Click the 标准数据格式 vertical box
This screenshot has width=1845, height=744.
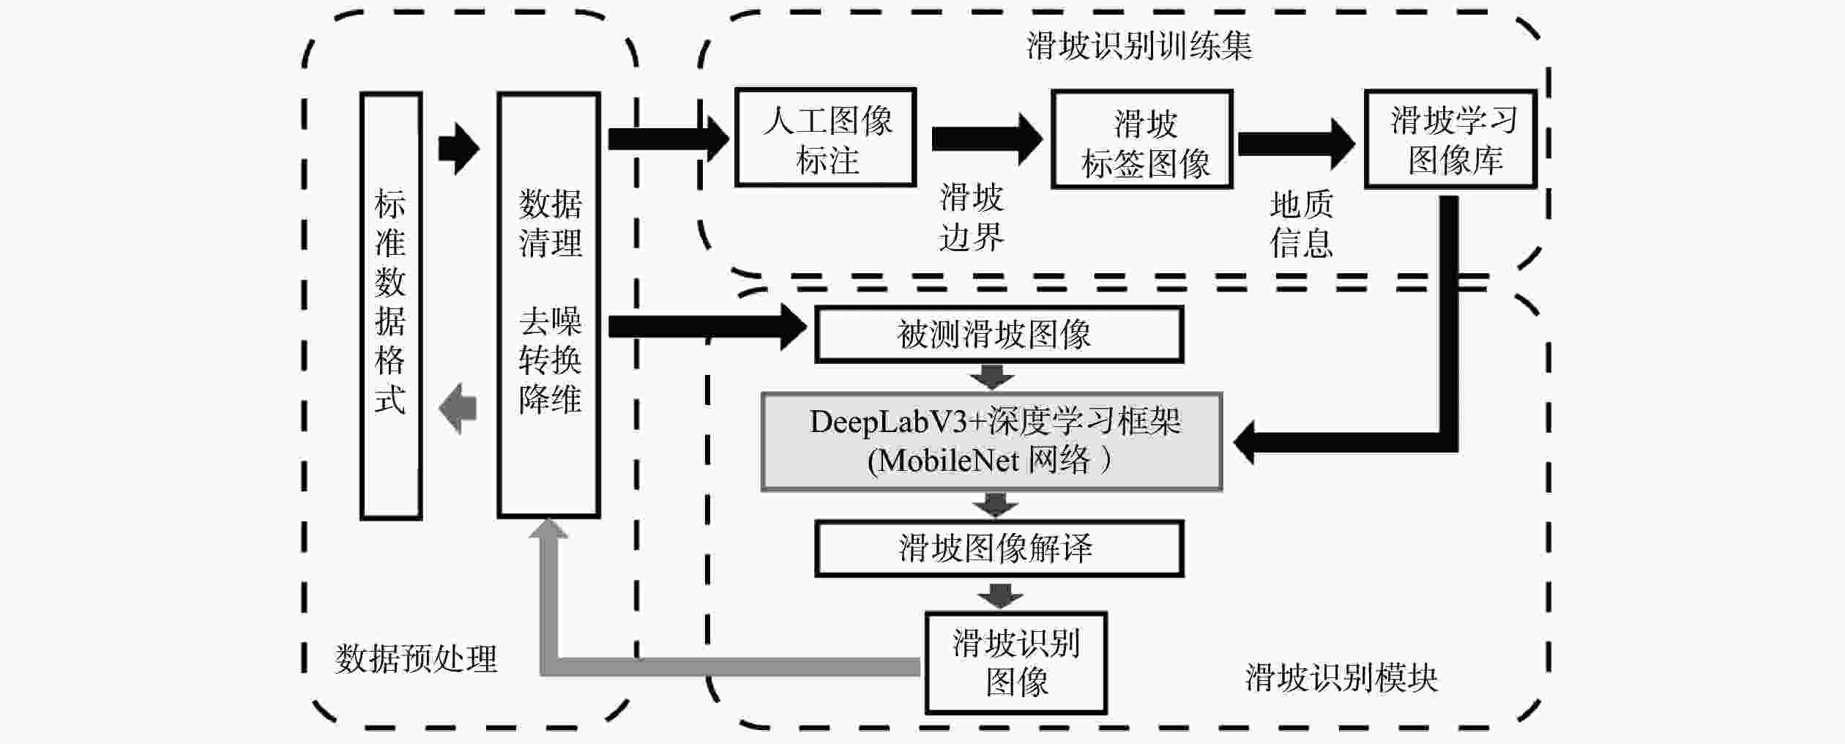pyautogui.click(x=391, y=305)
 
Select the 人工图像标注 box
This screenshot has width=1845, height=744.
pyautogui.click(x=825, y=138)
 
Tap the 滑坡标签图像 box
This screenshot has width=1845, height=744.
pyautogui.click(x=1142, y=140)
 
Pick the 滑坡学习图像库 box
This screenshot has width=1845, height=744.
pyautogui.click(x=1450, y=139)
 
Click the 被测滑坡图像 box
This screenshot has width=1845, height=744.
pyautogui.click(x=999, y=335)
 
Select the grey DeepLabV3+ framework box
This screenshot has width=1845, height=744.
pyautogui.click(x=992, y=442)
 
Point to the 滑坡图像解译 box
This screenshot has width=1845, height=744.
pyautogui.click(x=999, y=548)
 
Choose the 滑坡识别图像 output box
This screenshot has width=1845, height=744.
pyautogui.click(x=1015, y=662)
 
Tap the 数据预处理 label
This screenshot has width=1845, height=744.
pyautogui.click(x=416, y=659)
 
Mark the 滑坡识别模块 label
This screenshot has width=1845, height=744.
pyautogui.click(x=1341, y=678)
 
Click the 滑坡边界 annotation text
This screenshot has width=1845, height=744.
pyautogui.click(x=972, y=217)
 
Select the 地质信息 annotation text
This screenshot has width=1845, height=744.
pyautogui.click(x=1301, y=223)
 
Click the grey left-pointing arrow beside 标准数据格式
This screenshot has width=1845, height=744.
pyautogui.click(x=458, y=408)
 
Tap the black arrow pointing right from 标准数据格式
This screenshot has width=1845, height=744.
pyautogui.click(x=458, y=148)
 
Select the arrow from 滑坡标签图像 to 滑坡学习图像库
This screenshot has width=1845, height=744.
pyautogui.click(x=1295, y=144)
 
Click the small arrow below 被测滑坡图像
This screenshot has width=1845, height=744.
pyautogui.click(x=992, y=378)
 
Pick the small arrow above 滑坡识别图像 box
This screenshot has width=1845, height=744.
pyautogui.click(x=1000, y=595)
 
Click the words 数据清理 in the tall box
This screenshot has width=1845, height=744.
pyautogui.click(x=550, y=223)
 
